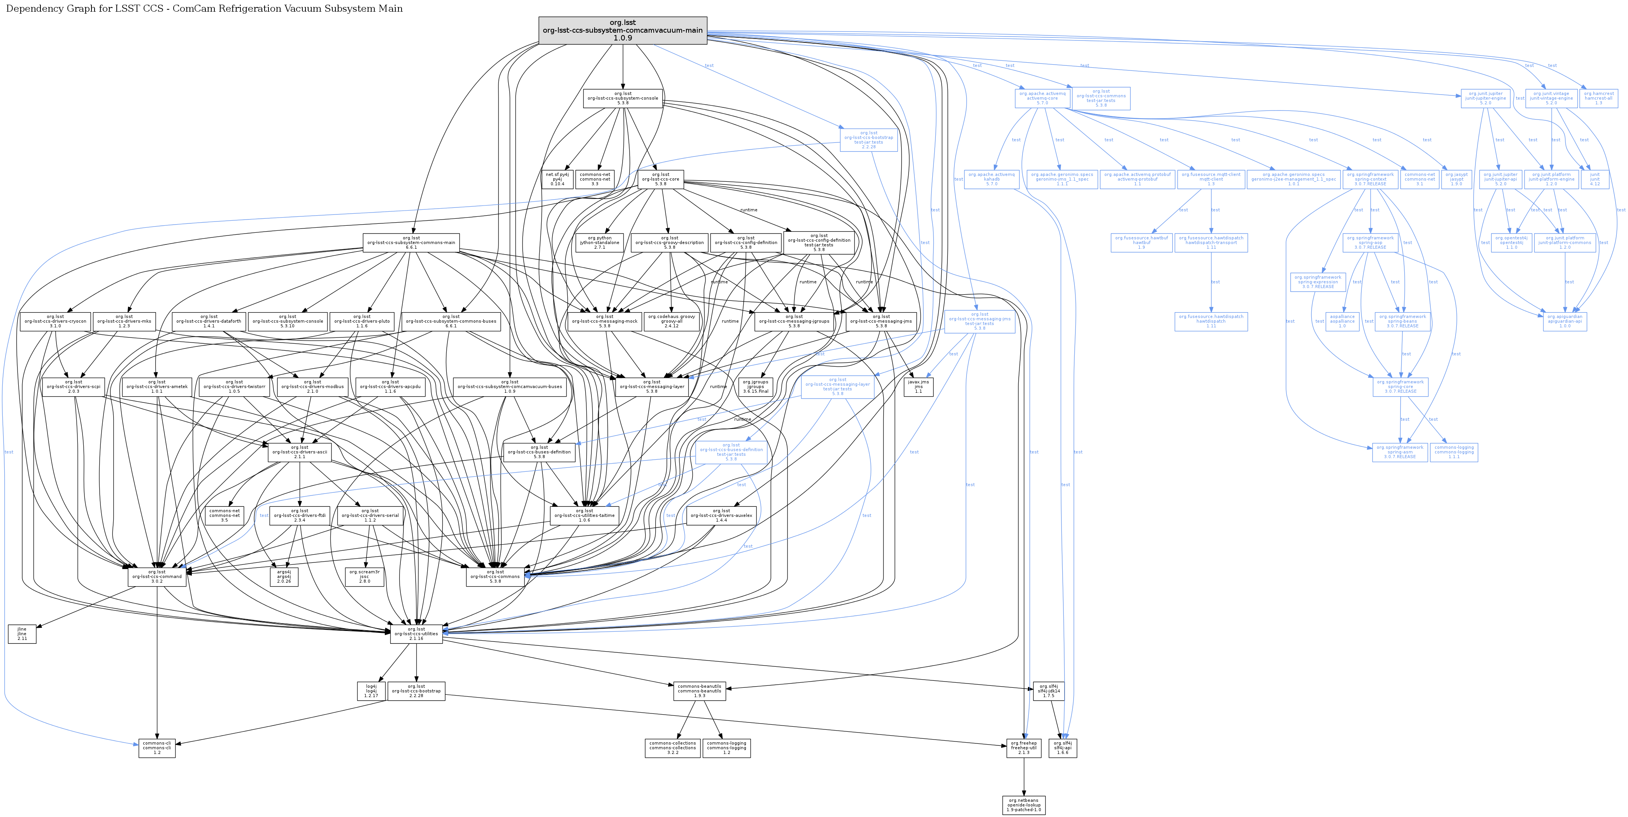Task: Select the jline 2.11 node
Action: [x=22, y=634]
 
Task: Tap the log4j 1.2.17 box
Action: [x=371, y=691]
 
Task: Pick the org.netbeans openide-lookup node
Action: [x=1024, y=805]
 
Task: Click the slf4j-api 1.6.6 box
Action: [x=1062, y=748]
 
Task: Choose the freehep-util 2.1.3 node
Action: [x=1024, y=748]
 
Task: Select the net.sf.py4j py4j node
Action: [x=557, y=179]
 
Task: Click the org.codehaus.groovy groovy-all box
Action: [x=671, y=321]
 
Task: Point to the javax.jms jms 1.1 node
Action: [x=918, y=387]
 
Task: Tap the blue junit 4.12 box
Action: [x=1595, y=179]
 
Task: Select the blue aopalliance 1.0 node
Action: [x=1342, y=321]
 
